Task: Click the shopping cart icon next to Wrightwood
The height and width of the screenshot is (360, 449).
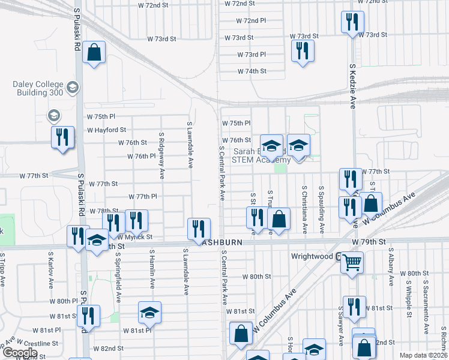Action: pos(352,262)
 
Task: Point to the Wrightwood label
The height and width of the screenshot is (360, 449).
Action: pos(312,256)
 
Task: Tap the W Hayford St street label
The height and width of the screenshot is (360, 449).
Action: pos(106,130)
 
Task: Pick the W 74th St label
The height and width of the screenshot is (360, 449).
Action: pos(252,71)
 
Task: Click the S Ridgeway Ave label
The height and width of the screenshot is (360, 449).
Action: pos(161,155)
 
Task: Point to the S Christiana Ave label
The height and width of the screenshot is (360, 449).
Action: pos(304,209)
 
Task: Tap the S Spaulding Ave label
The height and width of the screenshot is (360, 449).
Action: pos(322,209)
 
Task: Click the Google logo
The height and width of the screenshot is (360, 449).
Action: pos(20,353)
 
